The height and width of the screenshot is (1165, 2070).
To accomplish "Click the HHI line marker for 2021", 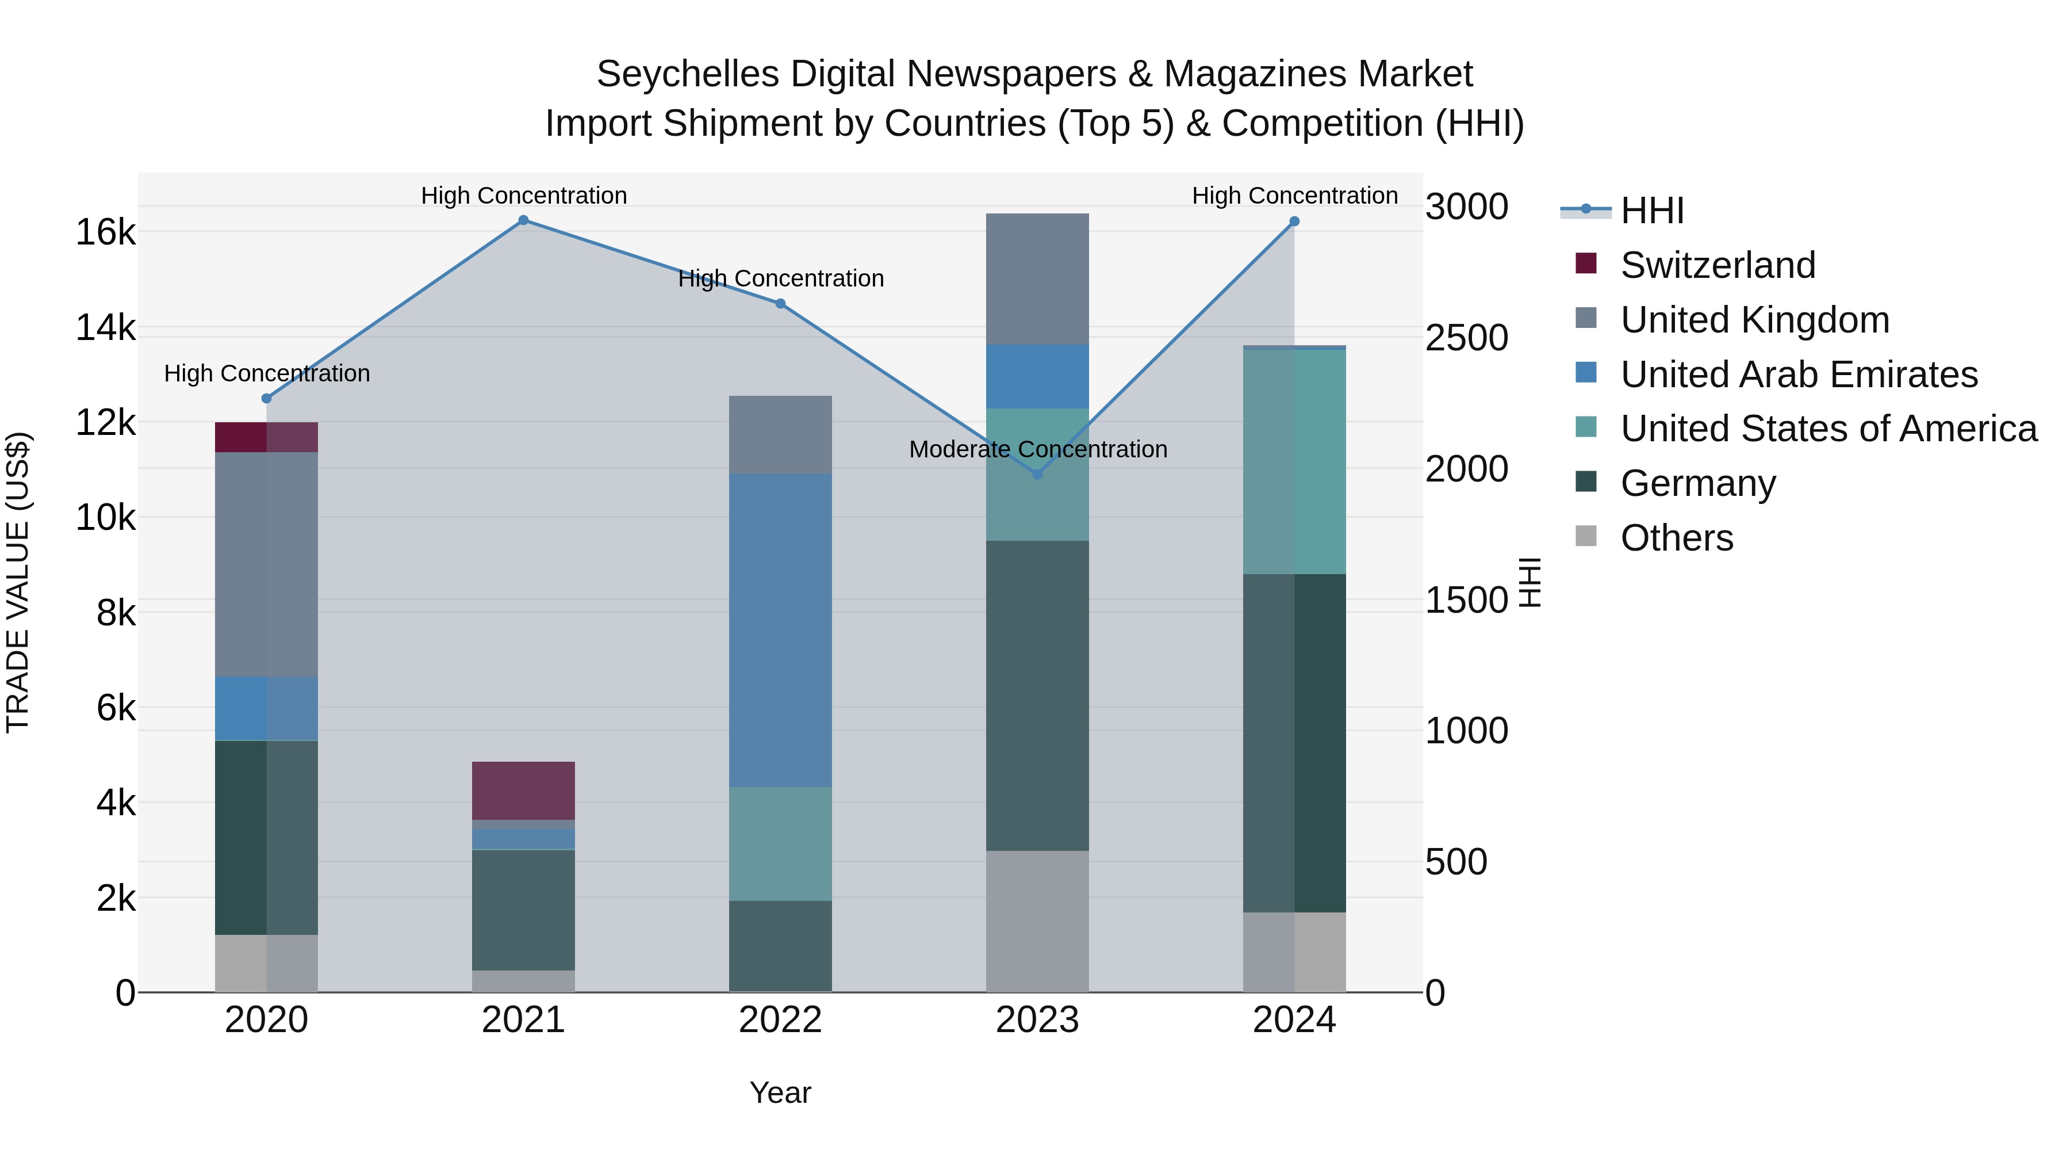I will coord(523,220).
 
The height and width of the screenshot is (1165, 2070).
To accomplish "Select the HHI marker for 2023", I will coord(1037,475).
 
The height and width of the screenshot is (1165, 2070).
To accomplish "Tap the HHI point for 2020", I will coord(267,398).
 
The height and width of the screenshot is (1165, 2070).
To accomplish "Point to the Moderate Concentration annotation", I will coord(1037,449).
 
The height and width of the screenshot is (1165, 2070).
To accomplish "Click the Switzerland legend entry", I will coord(1717,265).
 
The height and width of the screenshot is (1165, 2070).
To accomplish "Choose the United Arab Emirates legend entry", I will coord(1799,375).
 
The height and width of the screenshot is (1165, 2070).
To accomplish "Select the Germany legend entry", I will coord(1697,483).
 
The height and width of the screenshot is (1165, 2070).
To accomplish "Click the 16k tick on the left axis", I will coord(105,232).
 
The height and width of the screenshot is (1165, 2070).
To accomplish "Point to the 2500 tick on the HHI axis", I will coord(1466,338).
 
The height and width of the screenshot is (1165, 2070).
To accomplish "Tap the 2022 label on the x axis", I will coord(780,1020).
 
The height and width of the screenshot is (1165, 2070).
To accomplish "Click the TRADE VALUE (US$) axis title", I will coord(18,582).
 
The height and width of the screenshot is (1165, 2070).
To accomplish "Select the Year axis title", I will coord(780,1093).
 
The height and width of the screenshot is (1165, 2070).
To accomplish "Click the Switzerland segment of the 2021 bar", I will coord(523,790).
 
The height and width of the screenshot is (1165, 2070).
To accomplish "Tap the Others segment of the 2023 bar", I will coord(1037,922).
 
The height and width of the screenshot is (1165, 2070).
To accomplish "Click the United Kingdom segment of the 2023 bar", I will coord(1037,279).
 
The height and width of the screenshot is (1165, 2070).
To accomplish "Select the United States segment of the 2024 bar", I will coord(1294,461).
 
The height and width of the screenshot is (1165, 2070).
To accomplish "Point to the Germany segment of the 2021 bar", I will coord(523,910).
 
